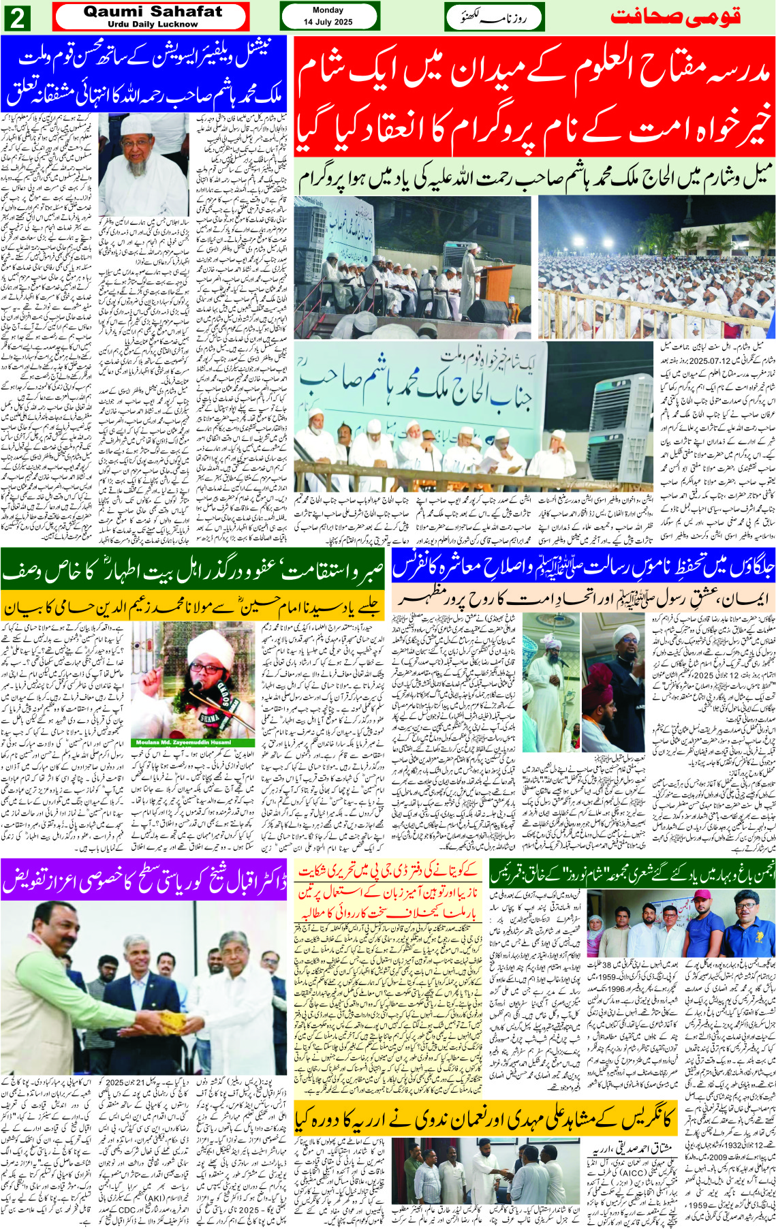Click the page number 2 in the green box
click(x=18, y=18)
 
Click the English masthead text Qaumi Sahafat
click(x=153, y=12)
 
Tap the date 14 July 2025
click(x=328, y=22)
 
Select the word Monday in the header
click(x=328, y=10)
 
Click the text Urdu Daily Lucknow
click(x=153, y=24)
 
